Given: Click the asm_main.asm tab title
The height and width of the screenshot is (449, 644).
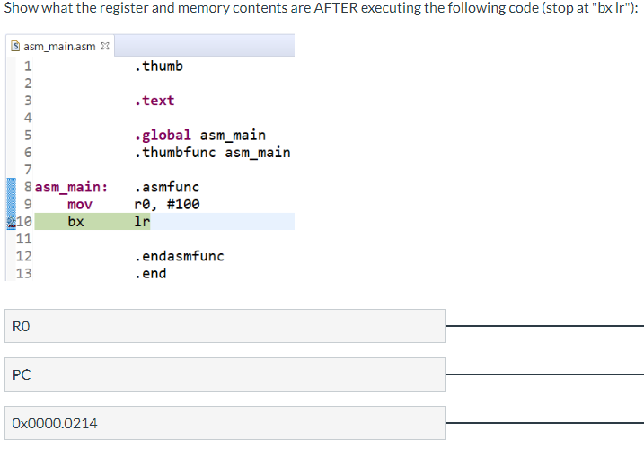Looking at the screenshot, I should (x=59, y=46).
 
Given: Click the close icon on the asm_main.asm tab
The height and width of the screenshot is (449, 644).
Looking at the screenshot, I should (x=105, y=46).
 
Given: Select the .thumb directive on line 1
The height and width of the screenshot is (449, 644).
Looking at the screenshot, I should (x=157, y=66).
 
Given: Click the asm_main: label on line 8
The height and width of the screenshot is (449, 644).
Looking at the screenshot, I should (x=72, y=187).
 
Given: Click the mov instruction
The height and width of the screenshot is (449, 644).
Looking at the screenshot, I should (x=80, y=204).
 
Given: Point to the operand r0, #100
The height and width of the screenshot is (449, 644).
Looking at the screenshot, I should (x=166, y=204).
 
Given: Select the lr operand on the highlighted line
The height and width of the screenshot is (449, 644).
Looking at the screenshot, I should (x=141, y=221).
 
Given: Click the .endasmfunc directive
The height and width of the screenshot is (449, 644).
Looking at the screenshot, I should (x=178, y=256).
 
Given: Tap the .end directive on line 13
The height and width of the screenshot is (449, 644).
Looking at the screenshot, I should (x=149, y=273).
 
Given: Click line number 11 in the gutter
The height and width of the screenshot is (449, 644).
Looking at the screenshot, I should (x=24, y=239).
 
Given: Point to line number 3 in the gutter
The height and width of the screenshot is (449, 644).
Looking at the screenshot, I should (x=28, y=101).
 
